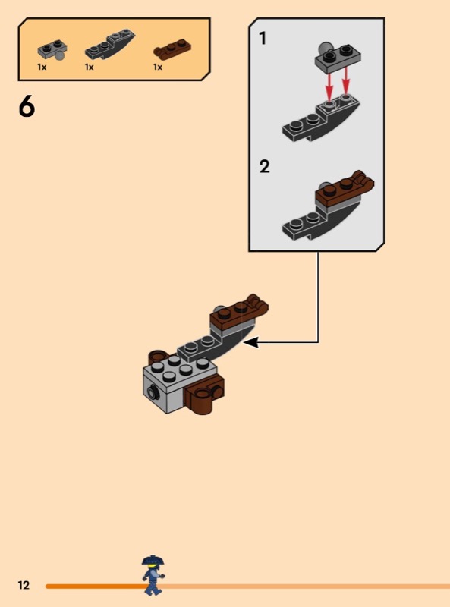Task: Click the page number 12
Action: [x=24, y=584]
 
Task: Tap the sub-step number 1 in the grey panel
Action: [x=263, y=39]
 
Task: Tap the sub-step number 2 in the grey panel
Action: [x=265, y=167]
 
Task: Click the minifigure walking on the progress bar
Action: [x=153, y=574]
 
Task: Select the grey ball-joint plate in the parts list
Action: [x=52, y=49]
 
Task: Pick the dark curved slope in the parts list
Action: [x=110, y=43]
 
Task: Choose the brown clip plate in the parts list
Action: [x=172, y=49]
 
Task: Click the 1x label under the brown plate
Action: [x=158, y=67]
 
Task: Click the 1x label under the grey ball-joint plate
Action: [x=42, y=67]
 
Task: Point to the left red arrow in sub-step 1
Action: [x=329, y=85]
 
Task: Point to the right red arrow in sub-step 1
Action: [x=346, y=80]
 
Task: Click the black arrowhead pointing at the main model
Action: [x=251, y=342]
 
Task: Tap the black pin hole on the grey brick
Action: [x=153, y=392]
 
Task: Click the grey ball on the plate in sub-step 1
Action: [x=324, y=50]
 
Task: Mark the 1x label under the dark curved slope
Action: [x=89, y=67]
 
